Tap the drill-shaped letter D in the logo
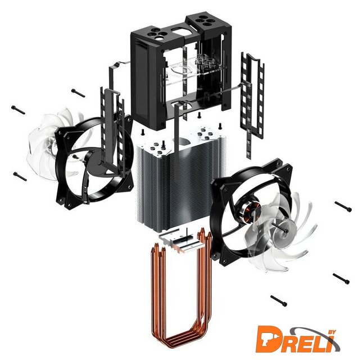(x=269, y=339)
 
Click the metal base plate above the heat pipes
(x=183, y=241)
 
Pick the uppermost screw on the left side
(x=78, y=93)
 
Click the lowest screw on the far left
(x=20, y=177)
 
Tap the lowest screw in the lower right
(x=279, y=301)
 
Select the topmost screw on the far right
(x=343, y=206)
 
